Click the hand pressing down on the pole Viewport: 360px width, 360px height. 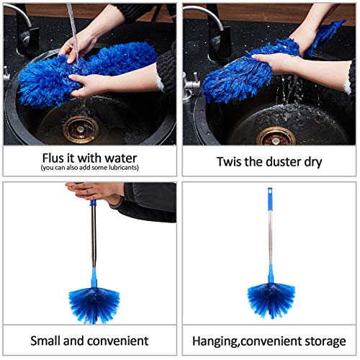94,192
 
